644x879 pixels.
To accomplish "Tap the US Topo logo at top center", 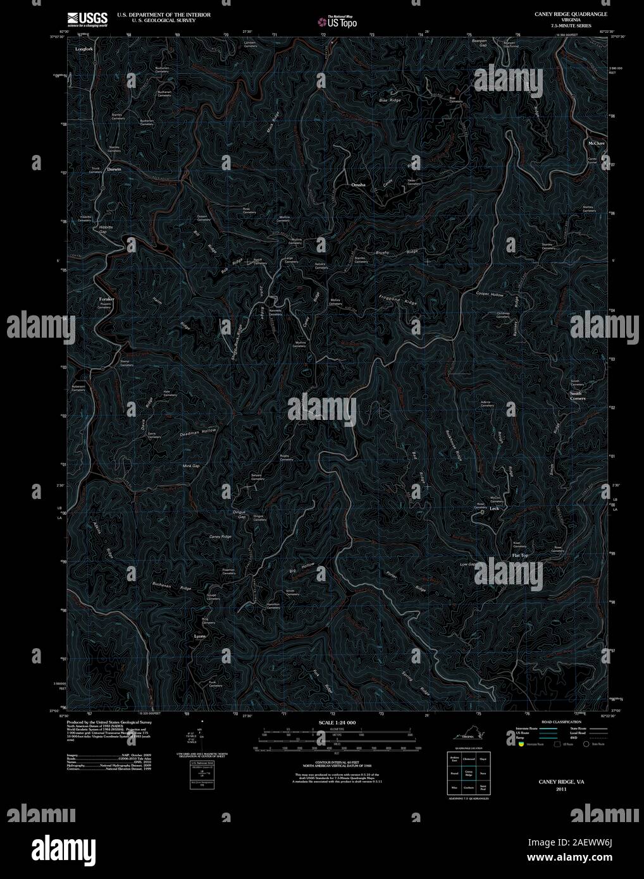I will click(x=338, y=22).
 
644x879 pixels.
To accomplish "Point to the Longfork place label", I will click(x=84, y=49).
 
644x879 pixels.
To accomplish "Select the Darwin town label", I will click(x=114, y=169).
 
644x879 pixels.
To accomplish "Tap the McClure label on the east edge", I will click(x=597, y=144).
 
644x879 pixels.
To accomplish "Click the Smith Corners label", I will click(x=577, y=396).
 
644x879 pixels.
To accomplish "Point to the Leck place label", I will click(x=495, y=508).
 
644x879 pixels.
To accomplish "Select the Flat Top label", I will click(x=519, y=556).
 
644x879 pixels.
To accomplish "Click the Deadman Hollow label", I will click(x=198, y=433).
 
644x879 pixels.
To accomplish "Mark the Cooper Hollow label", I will click(x=490, y=295).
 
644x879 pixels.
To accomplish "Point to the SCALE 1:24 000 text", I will click(x=337, y=722).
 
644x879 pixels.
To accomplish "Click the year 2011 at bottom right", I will click(x=561, y=790).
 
